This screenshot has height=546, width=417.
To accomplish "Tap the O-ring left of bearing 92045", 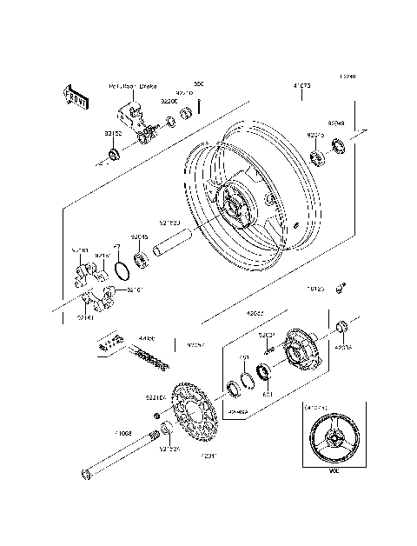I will pyautogui.click(x=122, y=265).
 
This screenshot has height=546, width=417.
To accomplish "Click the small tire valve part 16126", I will pyautogui.click(x=344, y=285).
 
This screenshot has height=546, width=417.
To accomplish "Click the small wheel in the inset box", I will pyautogui.click(x=331, y=443).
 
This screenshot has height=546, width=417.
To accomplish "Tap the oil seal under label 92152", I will pyautogui.click(x=112, y=155).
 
